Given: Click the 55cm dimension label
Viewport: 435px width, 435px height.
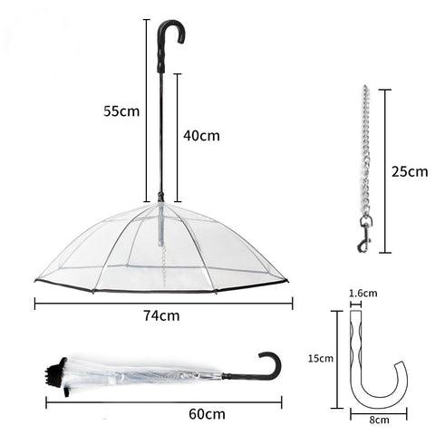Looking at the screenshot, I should (121, 111).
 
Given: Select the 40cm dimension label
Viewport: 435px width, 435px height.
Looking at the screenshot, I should (201, 135).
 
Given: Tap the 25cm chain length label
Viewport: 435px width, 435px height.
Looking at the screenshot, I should (411, 170).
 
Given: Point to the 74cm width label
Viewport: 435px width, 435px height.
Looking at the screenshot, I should (160, 316).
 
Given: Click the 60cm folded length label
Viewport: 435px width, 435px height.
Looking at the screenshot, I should (207, 413).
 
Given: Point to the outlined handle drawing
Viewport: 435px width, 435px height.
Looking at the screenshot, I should (372, 362).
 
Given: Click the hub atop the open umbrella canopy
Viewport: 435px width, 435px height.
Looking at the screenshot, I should (161, 197).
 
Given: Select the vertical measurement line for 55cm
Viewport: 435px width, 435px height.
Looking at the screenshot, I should (145, 109).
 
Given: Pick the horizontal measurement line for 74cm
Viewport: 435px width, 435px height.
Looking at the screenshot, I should (161, 303).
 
